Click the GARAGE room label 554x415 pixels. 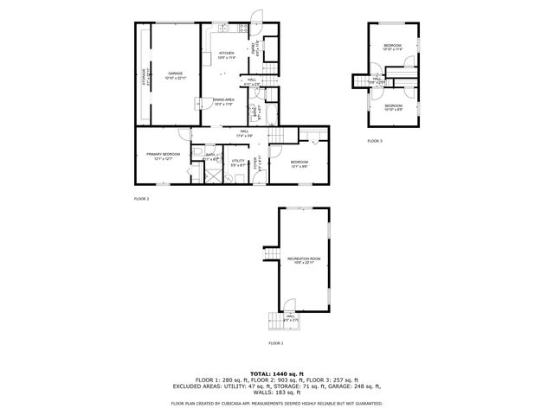pos(176,75)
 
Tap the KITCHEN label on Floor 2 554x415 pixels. pos(227,55)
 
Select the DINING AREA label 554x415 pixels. pos(224,101)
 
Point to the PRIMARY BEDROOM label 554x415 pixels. pos(163,156)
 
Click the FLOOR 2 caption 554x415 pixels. pos(142,199)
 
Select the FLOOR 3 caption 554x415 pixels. pos(374,140)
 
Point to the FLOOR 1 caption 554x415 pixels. pos(275,343)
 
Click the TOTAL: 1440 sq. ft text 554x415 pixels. pos(276,373)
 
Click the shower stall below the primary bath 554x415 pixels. pos(208,173)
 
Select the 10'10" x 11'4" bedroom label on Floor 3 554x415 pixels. pos(393,47)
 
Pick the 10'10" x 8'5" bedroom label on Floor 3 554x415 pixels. pos(393,108)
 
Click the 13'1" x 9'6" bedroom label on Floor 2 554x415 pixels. pos(300,164)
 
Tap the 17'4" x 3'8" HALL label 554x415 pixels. pos(245,133)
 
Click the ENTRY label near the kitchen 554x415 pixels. pos(254,50)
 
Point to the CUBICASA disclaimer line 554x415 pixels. pos(276,403)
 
